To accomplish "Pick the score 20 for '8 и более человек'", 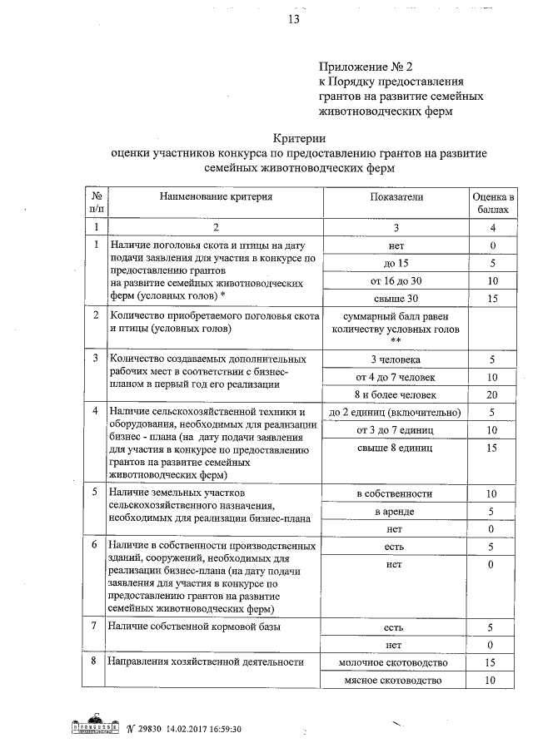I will [492, 394].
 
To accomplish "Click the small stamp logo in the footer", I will [90, 727].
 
